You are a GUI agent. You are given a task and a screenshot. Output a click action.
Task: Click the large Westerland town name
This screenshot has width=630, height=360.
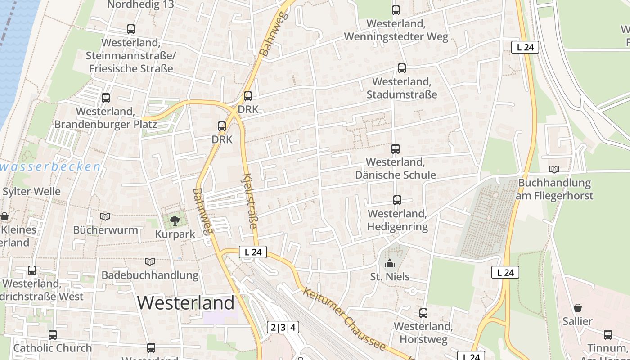coord(185,303)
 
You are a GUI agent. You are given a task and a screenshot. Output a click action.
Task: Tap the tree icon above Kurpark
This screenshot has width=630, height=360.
coord(175,220)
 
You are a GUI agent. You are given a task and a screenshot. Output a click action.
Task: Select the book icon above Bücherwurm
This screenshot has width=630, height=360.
coord(105,217)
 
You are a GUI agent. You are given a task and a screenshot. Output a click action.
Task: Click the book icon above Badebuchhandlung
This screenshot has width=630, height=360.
coord(150,261)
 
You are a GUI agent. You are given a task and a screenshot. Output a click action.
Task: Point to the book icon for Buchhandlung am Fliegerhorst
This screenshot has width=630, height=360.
coord(554,169)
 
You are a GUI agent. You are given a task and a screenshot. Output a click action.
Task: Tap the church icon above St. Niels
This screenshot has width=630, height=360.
coord(390,263)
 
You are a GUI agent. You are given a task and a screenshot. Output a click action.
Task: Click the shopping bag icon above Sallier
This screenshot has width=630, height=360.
coord(577,308)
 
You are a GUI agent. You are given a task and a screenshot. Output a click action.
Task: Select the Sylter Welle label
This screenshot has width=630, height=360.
coord(31,191)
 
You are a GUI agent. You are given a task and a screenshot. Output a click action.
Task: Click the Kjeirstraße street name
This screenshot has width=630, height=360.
coord(250,201)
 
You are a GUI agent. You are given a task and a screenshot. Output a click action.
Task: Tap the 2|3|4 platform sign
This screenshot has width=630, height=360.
coord(283,327)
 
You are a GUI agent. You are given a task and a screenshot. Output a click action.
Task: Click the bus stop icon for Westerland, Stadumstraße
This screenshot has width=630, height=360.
coord(402,68)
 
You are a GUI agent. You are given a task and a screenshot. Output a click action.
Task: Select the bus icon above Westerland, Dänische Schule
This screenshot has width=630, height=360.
coord(396,148)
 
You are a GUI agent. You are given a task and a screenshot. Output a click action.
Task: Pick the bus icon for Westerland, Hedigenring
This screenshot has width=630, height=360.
coord(397,200)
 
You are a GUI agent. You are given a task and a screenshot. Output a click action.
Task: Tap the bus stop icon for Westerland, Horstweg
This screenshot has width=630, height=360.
coord(423,313)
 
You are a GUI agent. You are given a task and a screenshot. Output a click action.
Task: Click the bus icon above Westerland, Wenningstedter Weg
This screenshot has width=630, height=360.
coord(396,10)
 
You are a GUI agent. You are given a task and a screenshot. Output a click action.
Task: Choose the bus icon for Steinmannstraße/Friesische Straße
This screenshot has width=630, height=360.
coord(131,29)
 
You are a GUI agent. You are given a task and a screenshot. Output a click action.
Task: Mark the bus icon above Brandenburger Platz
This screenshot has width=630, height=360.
coord(106,98)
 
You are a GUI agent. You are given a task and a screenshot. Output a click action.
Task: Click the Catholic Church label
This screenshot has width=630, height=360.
coord(53,348)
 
